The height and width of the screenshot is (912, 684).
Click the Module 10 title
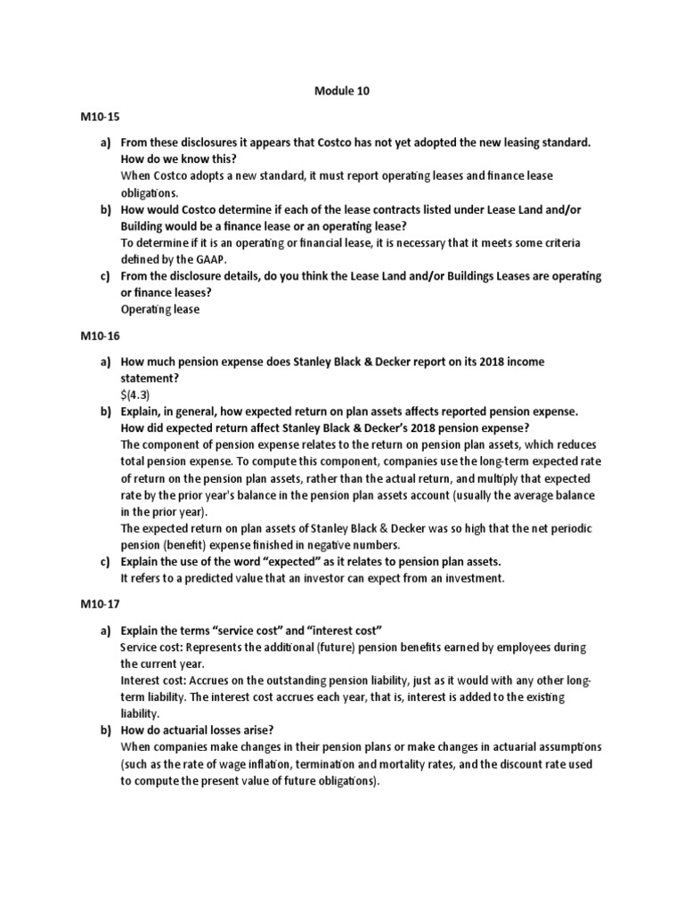[x=341, y=90]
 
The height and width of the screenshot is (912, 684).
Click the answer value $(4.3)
[x=137, y=395]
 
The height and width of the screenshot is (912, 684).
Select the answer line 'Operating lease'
[x=160, y=310]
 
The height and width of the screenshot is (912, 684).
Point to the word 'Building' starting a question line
[x=145, y=226]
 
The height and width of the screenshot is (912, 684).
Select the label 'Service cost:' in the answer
[x=154, y=647]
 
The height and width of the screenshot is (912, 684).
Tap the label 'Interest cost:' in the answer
[x=156, y=680]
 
